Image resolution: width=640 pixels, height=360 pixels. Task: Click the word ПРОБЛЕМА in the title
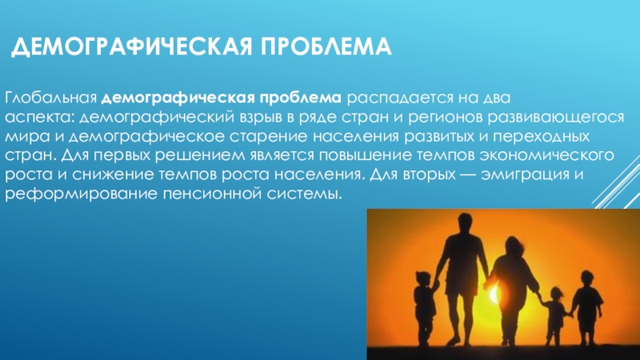point(326,46)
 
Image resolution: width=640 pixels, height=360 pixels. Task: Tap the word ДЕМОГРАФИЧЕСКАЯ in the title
point(132,47)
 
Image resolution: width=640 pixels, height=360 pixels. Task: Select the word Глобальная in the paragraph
point(50,98)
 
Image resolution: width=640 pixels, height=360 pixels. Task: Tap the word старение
point(268,136)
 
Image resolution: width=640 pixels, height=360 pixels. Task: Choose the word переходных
point(542,137)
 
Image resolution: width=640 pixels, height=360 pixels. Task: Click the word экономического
point(547,155)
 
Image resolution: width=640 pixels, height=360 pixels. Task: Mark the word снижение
point(112,174)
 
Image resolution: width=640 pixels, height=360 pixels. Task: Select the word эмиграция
point(526,175)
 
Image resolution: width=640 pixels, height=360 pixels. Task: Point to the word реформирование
point(81,194)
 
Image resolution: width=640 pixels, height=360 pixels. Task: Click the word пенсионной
point(212,194)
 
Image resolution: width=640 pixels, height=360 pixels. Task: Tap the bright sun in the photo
point(494,293)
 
